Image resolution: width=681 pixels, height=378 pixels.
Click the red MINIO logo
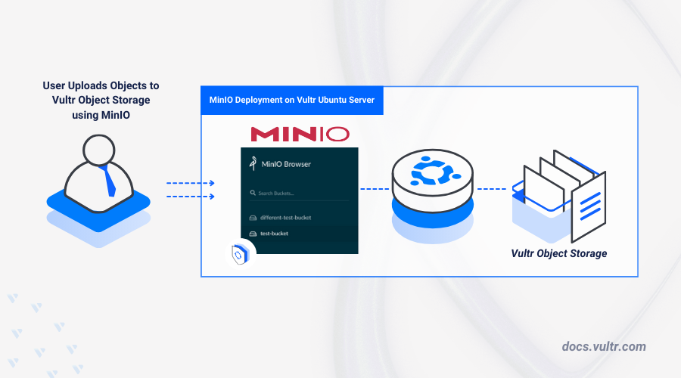300,135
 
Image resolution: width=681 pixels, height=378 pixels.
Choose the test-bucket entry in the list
274,234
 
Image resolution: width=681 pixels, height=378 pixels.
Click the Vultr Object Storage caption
558,253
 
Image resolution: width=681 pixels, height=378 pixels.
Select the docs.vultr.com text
604,346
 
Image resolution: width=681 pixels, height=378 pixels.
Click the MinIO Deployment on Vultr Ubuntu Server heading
291,100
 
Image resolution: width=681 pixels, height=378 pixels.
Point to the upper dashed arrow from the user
190,183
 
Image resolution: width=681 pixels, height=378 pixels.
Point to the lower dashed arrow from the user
190,197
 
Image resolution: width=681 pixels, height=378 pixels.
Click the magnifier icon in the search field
252,194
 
